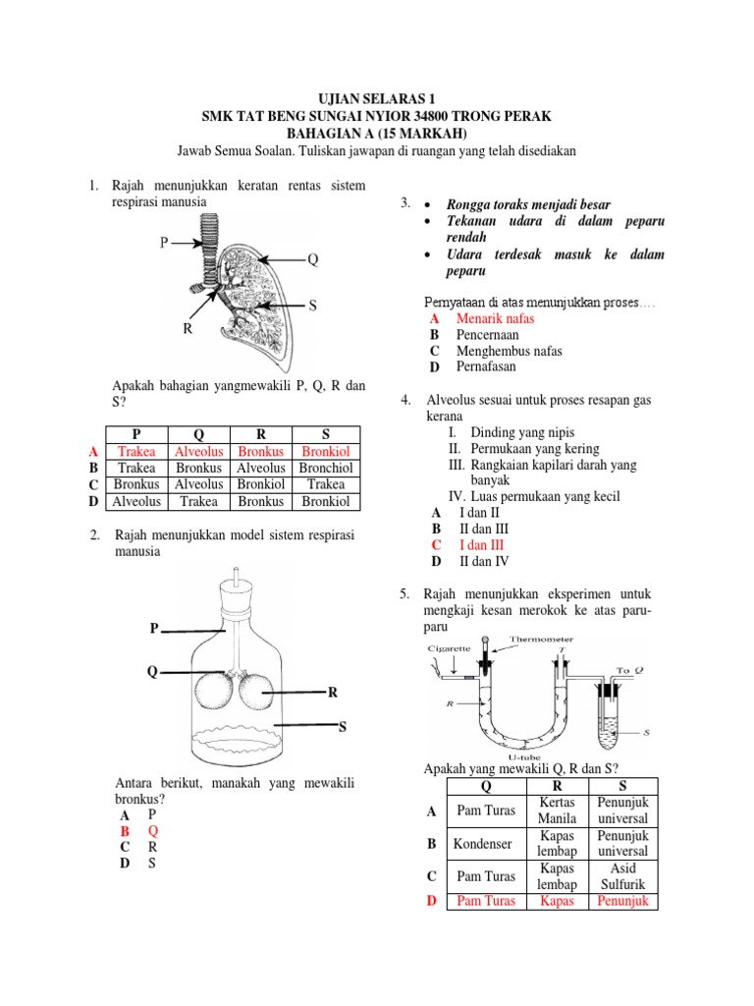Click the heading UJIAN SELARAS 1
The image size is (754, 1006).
tap(376, 99)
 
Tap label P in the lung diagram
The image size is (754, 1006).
tap(163, 243)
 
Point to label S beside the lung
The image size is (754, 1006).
tap(313, 307)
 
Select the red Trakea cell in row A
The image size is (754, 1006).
tap(136, 452)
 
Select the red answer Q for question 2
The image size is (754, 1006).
tap(153, 830)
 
